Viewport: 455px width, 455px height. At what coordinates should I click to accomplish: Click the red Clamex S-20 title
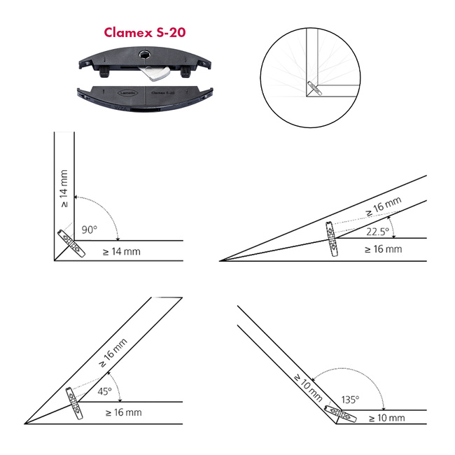pos(144,32)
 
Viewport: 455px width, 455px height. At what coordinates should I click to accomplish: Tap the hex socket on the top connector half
pos(144,54)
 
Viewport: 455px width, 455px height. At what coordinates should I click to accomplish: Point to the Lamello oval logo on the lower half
pos(127,93)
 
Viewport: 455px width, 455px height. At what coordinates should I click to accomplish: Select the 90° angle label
pos(89,230)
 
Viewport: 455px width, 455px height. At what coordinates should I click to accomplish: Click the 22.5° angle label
pos(377,232)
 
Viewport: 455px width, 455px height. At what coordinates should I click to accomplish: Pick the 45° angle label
pos(104,391)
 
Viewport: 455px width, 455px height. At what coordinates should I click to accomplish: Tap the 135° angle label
pos(350,400)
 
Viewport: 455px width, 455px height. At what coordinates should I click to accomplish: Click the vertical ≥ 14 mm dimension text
pos(64,188)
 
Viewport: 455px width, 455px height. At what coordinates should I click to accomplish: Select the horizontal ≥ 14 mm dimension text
pos(122,251)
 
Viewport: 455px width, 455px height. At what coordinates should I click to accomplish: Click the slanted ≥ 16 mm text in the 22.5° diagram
pos(384,206)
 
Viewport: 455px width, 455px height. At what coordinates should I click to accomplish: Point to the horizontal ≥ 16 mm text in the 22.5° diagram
pos(384,249)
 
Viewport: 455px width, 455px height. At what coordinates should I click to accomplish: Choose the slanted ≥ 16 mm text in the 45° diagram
pos(113,353)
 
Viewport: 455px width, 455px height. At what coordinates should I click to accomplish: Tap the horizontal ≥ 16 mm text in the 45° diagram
pos(124,412)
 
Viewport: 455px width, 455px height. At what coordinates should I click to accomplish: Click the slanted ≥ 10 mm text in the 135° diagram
pos(308,388)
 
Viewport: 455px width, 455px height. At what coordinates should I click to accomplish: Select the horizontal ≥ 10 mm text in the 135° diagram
pos(387,418)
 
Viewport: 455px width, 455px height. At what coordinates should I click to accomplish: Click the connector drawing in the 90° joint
pos(71,243)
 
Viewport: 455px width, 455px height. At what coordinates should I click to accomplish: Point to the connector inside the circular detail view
pos(314,88)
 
